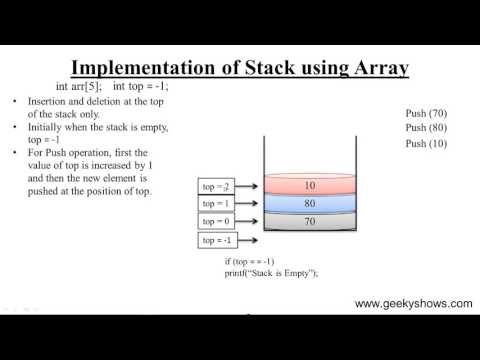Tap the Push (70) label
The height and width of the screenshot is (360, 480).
[426, 113]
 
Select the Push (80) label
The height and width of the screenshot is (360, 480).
[426, 128]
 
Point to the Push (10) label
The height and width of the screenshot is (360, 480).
[426, 144]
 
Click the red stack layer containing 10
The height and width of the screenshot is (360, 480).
[309, 185]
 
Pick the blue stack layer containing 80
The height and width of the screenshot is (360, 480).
[309, 203]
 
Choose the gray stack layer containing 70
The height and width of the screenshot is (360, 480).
[309, 221]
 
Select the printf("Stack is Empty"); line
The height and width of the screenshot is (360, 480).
[276, 272]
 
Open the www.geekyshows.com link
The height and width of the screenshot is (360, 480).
[411, 303]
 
